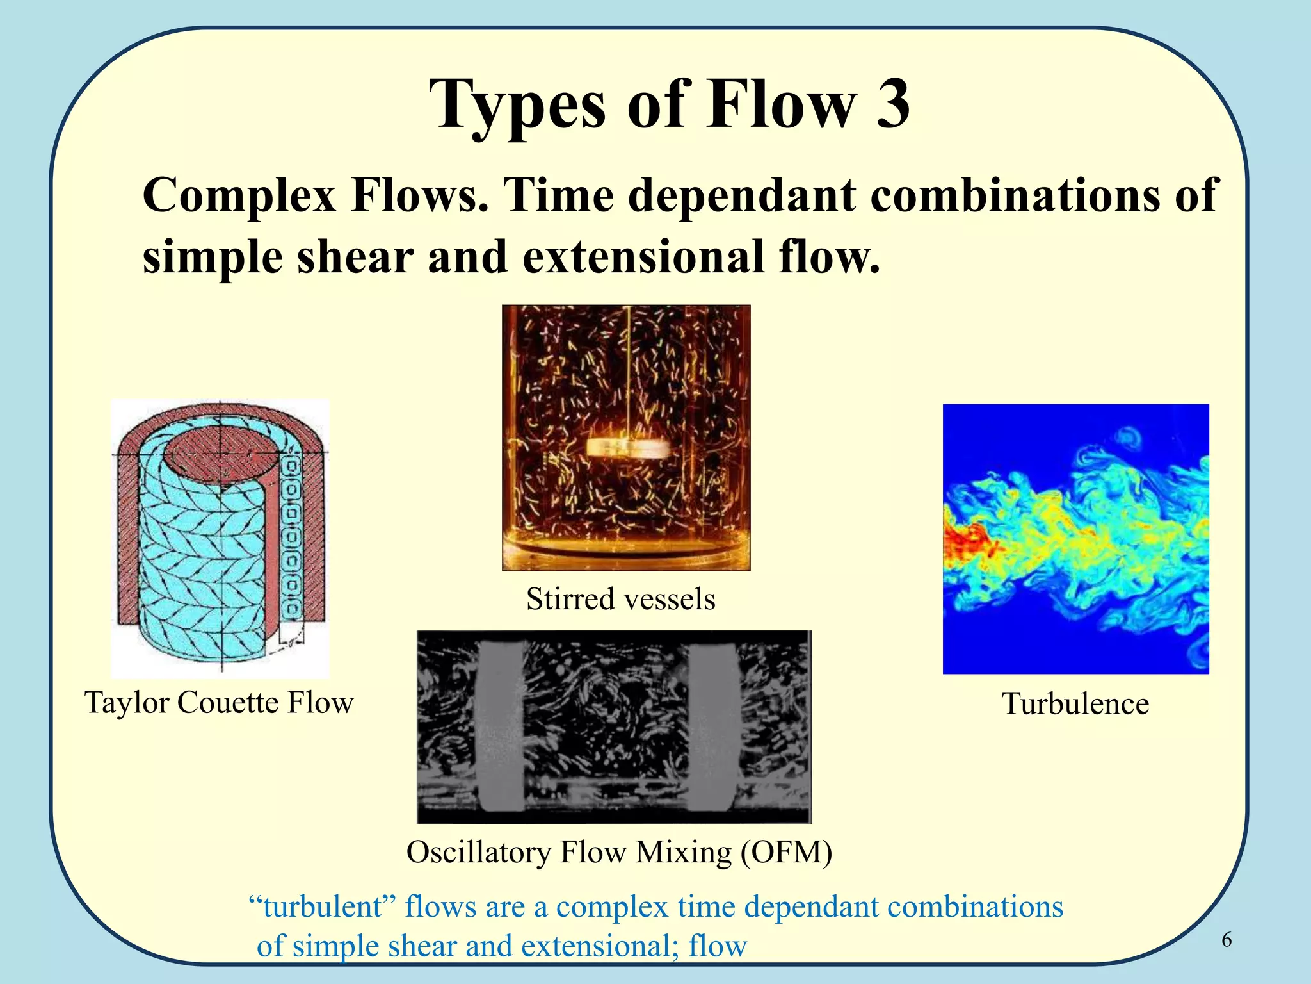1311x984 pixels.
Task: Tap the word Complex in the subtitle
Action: (x=239, y=195)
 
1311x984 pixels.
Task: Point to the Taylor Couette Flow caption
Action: (x=219, y=702)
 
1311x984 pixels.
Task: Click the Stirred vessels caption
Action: (x=620, y=599)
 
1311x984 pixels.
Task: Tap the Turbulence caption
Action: (x=1075, y=703)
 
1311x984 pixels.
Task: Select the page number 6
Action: (x=1227, y=940)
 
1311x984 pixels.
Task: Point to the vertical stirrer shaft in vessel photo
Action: (x=630, y=372)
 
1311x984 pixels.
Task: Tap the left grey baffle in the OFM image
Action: (x=499, y=727)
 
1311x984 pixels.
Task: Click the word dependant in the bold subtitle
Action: (x=745, y=195)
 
